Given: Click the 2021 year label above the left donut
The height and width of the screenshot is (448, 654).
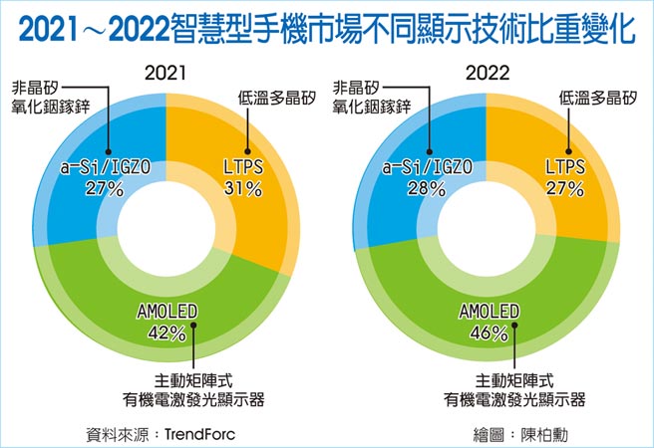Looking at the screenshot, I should [x=164, y=73].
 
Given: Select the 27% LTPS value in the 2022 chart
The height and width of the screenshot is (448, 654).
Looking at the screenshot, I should [x=563, y=187].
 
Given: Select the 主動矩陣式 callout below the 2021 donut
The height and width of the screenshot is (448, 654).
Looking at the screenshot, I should [x=193, y=379].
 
